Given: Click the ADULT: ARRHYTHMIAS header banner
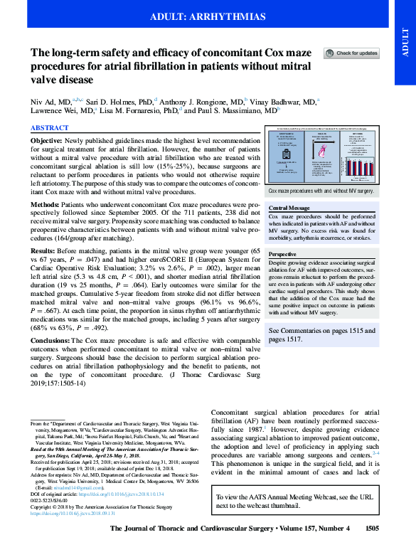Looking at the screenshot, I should (208, 16).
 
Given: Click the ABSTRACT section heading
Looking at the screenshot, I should (50, 127).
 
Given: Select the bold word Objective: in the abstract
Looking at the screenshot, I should (47, 142).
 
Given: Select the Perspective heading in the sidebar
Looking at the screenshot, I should (282, 254).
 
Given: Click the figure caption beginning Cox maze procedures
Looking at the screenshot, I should (321, 191).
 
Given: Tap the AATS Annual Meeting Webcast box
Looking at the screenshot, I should (326, 521).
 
